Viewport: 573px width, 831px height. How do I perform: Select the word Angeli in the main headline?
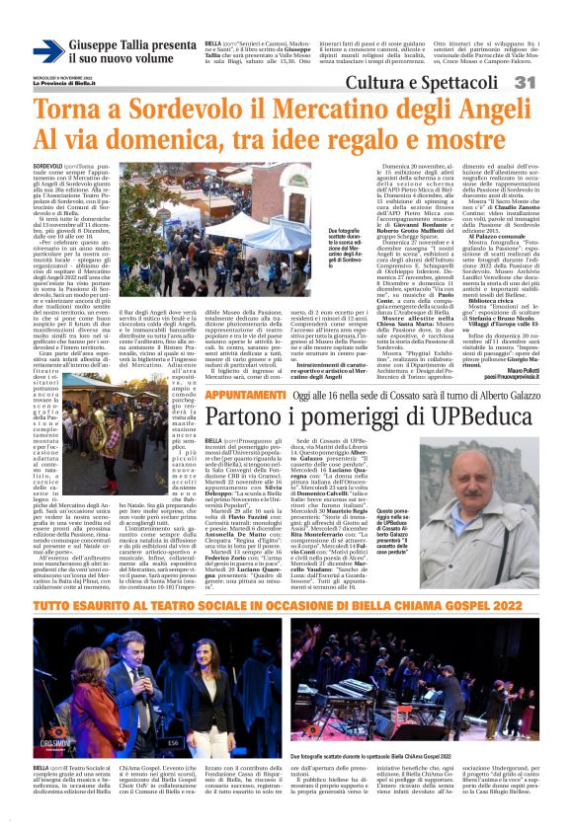[500, 107]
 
